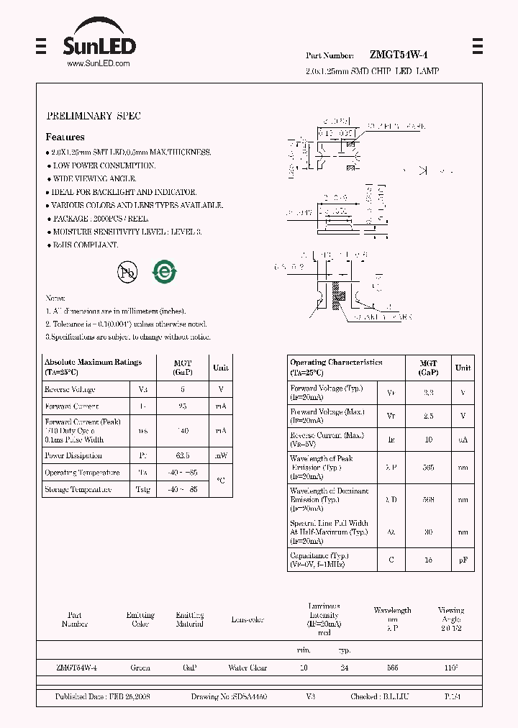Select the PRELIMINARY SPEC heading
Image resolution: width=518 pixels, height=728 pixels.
(94, 116)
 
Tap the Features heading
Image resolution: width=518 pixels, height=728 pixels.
(65, 137)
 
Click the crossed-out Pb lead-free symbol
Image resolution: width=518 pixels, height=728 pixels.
(127, 273)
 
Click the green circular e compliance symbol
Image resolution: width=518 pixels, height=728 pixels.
(164, 272)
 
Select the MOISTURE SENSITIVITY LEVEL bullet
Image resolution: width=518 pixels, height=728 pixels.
(127, 232)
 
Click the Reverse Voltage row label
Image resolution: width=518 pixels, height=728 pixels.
(70, 390)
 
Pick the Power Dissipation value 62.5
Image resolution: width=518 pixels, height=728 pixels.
(183, 455)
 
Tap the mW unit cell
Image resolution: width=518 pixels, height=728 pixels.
(220, 455)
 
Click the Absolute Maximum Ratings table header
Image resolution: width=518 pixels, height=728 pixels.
(93, 367)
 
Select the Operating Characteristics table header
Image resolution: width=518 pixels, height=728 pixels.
(336, 367)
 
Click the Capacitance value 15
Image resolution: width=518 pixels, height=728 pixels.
(428, 560)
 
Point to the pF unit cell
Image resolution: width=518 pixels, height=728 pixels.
(463, 560)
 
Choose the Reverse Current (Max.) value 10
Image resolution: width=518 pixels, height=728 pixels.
(428, 438)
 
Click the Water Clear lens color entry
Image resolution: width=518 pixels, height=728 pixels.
(247, 668)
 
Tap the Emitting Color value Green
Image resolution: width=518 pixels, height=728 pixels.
(140, 668)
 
